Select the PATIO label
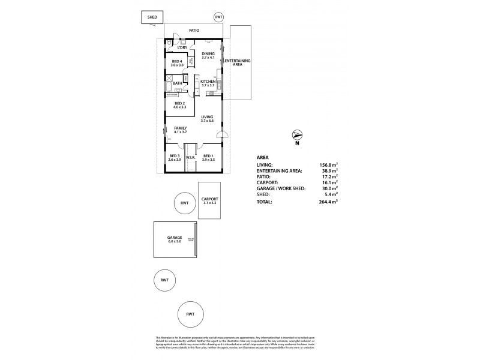click(x=193, y=29)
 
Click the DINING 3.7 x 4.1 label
click(x=208, y=55)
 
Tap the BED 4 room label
click(x=176, y=63)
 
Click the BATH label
click(x=177, y=83)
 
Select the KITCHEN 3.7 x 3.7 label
click(x=208, y=83)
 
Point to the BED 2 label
click(x=180, y=105)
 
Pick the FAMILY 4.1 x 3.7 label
click(x=180, y=130)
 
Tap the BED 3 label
click(x=175, y=158)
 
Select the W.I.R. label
click(x=191, y=158)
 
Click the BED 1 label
click(x=208, y=158)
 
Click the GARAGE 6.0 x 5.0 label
click(x=175, y=239)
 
